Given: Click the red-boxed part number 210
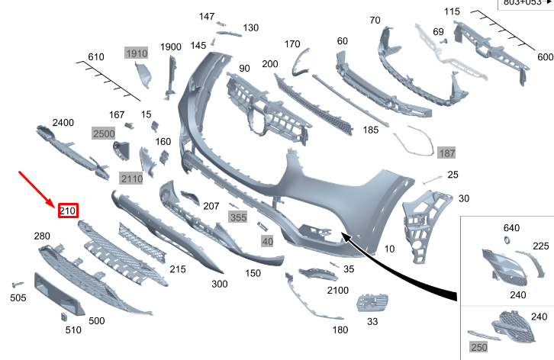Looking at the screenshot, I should (67, 210).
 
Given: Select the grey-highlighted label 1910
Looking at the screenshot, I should (136, 53).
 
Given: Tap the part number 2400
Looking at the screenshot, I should (63, 123).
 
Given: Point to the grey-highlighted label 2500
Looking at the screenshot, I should (103, 133).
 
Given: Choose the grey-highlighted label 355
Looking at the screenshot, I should (238, 217).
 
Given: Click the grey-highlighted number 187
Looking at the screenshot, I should (446, 153).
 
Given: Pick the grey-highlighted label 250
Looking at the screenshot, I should (478, 348).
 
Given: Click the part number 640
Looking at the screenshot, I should (511, 227).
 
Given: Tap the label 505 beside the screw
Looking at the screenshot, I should (18, 297).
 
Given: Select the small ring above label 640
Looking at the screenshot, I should (505, 241).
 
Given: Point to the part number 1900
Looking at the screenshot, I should (171, 47).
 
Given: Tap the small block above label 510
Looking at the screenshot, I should (64, 317).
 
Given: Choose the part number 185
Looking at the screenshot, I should (371, 130).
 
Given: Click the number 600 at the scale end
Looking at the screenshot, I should (545, 57).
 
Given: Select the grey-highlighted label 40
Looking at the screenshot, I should (267, 241).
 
